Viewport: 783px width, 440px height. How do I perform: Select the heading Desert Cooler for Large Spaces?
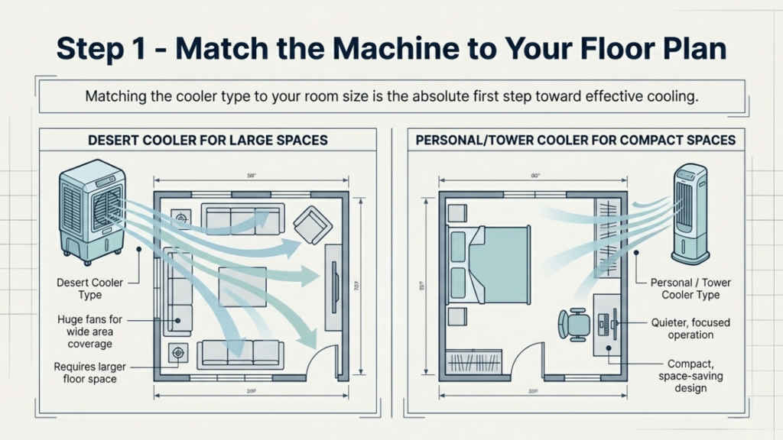(207, 140)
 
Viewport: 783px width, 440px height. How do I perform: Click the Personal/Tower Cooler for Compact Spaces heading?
(575, 140)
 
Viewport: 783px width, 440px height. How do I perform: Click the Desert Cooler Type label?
(89, 289)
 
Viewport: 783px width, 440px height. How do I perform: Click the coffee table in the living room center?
(242, 286)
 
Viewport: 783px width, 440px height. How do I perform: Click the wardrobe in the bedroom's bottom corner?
(474, 360)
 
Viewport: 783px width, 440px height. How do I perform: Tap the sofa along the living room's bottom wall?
(240, 354)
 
